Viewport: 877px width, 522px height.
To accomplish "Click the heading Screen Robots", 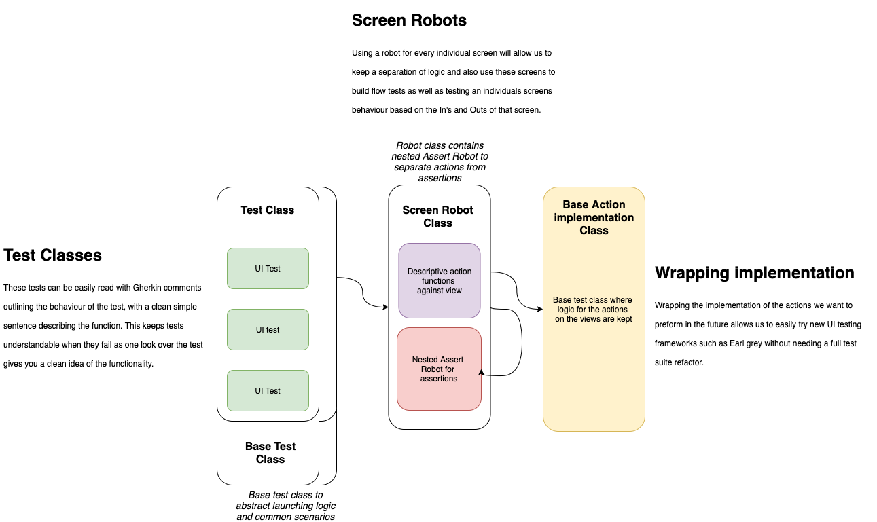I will (409, 20).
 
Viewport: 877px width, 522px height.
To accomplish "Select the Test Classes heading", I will (52, 255).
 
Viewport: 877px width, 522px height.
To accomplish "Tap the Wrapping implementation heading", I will (754, 273).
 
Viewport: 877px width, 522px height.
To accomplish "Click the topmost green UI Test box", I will (268, 269).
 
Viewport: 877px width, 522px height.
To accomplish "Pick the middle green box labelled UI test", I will (268, 330).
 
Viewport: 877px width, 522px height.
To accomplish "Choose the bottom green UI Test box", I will (268, 391).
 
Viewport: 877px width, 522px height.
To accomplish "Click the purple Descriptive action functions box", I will (439, 281).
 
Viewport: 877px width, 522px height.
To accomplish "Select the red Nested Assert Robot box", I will (439, 369).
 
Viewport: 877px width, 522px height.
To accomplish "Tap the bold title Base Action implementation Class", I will (594, 217).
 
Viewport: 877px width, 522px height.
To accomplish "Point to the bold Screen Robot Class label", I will (438, 217).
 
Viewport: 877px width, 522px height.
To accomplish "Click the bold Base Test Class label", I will (270, 453).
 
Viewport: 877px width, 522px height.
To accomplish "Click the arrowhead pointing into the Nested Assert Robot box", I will (482, 372).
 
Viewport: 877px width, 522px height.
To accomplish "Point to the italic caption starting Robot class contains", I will (440, 162).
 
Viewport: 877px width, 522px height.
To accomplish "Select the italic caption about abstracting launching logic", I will (285, 506).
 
